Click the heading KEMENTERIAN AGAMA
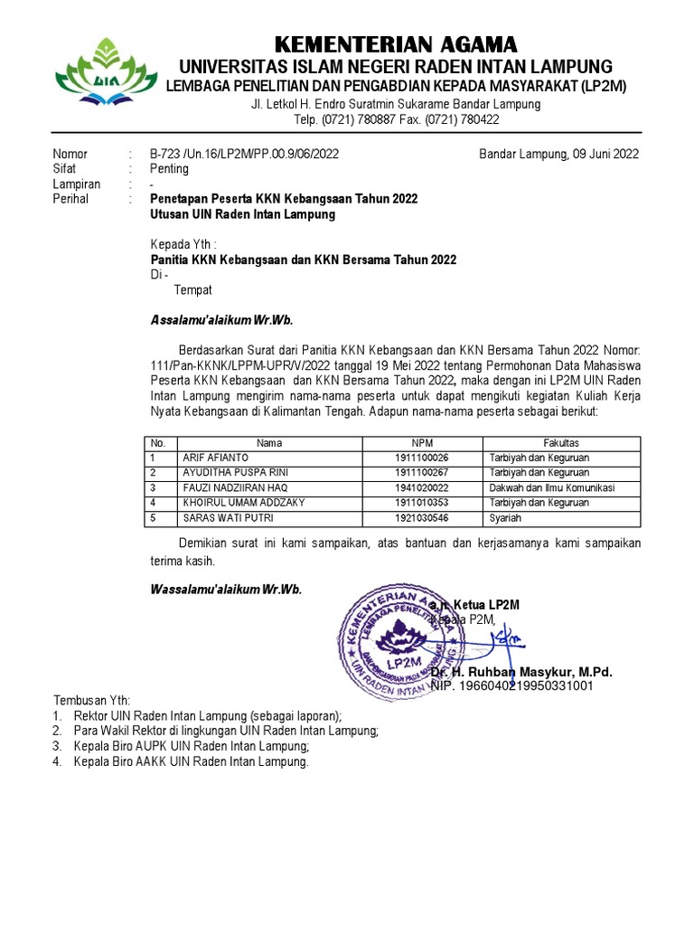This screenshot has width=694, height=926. pyautogui.click(x=396, y=44)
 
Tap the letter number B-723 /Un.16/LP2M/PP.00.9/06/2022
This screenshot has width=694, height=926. pyautogui.click(x=244, y=154)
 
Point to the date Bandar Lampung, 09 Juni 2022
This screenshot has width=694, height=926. pyautogui.click(x=558, y=154)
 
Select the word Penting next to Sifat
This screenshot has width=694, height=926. pyautogui.click(x=169, y=169)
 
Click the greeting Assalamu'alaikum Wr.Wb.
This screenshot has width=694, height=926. pyautogui.click(x=221, y=320)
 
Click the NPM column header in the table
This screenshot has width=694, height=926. pyautogui.click(x=422, y=443)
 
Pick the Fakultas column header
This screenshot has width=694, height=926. pyautogui.click(x=561, y=443)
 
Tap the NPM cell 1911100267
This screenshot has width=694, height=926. pyautogui.click(x=422, y=473)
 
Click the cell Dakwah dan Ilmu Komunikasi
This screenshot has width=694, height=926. pyautogui.click(x=552, y=487)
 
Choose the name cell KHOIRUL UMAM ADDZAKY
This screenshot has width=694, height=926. pyautogui.click(x=244, y=503)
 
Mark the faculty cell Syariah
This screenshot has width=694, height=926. pyautogui.click(x=506, y=518)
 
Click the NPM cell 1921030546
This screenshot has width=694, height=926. pyautogui.click(x=422, y=518)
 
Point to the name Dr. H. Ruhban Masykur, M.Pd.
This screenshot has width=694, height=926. pyautogui.click(x=521, y=672)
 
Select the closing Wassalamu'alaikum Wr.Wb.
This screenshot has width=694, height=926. pyautogui.click(x=226, y=590)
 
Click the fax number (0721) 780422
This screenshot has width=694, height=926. pyautogui.click(x=448, y=119)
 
